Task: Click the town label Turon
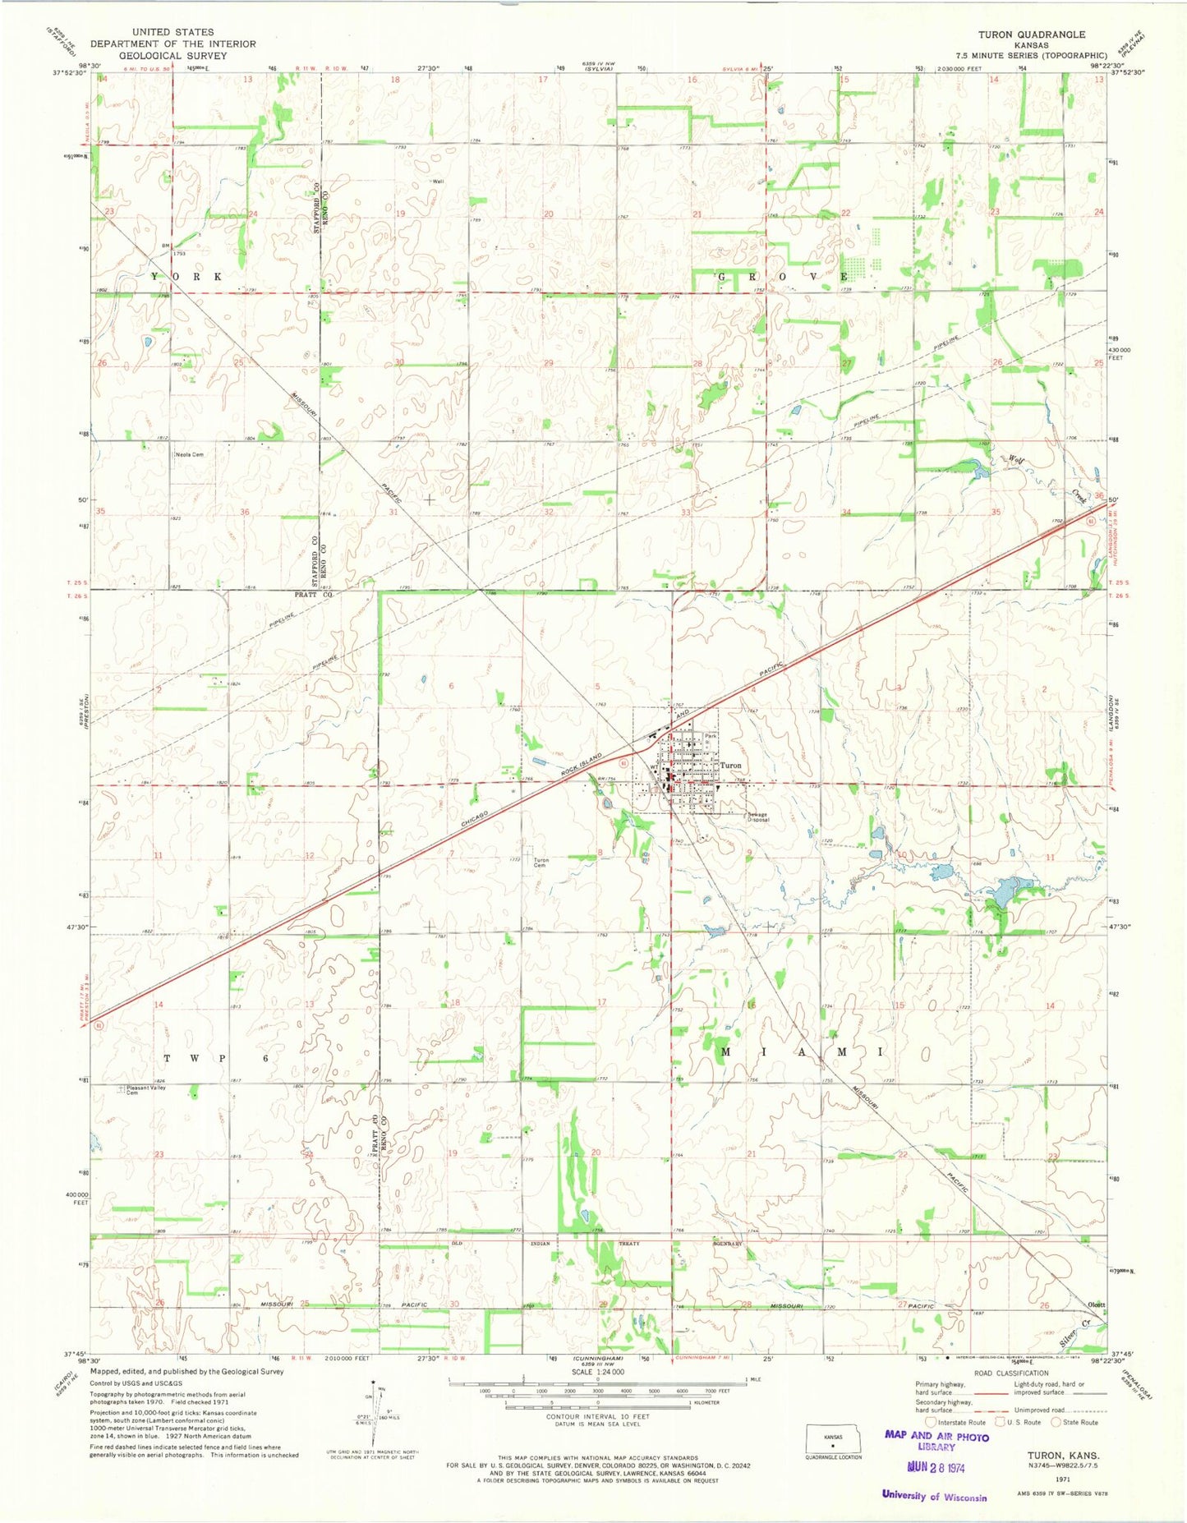click(730, 765)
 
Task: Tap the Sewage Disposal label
click(757, 817)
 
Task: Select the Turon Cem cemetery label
click(541, 863)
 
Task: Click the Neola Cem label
click(188, 454)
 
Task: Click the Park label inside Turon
click(711, 736)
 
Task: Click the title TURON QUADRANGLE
click(1031, 35)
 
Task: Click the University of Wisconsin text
click(934, 1496)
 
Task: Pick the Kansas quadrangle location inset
click(834, 1442)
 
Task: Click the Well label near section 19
click(439, 182)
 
